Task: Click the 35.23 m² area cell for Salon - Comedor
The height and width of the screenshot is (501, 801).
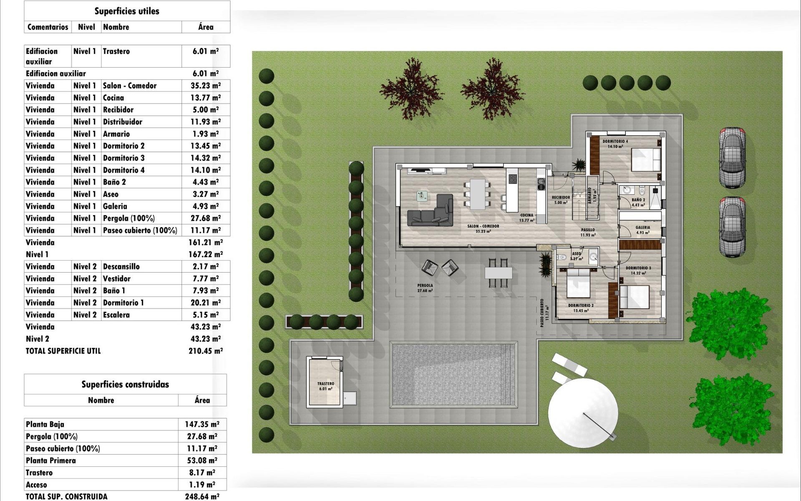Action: [x=206, y=86]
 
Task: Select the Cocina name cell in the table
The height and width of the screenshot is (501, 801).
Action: [x=113, y=98]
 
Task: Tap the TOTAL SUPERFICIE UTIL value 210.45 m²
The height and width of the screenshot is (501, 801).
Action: [x=206, y=351]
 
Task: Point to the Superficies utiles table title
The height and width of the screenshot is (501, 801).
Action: [x=127, y=11]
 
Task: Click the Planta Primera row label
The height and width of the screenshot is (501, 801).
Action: [x=51, y=461]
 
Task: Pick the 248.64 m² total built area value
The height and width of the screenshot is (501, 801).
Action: [x=202, y=496]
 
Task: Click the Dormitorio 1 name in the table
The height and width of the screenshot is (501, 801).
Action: [x=123, y=303]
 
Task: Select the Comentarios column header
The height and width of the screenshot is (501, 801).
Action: [x=48, y=27]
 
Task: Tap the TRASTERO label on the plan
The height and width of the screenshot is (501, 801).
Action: [x=325, y=384]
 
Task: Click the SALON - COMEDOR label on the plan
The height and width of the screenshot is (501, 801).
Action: [x=483, y=226]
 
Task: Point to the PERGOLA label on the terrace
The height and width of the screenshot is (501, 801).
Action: [x=425, y=286]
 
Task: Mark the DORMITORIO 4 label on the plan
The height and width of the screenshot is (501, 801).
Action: [x=615, y=142]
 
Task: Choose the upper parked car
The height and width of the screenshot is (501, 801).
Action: [x=732, y=158]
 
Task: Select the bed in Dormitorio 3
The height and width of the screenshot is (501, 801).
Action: [x=634, y=297]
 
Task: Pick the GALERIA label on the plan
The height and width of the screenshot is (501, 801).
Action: [x=642, y=228]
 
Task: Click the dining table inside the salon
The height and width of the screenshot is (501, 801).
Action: [x=478, y=194]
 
